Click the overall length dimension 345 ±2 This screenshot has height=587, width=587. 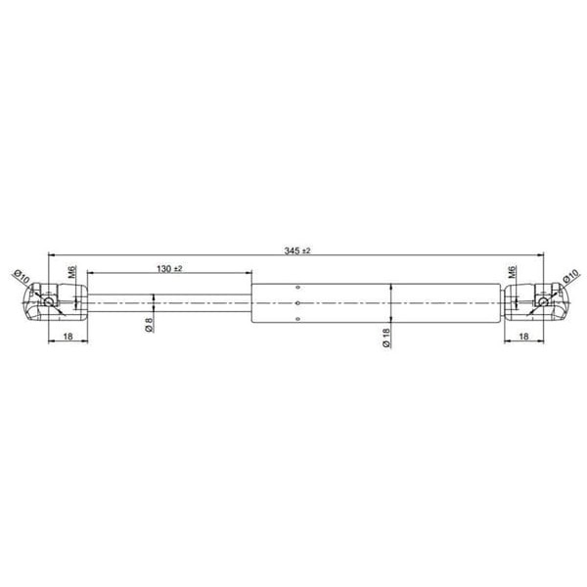[297, 251]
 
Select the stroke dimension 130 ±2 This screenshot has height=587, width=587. [169, 267]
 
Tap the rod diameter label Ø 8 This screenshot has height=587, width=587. [149, 327]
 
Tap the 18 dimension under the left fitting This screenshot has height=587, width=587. [68, 336]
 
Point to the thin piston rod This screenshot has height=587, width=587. [171, 303]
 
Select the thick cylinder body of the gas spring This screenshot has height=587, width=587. [377, 303]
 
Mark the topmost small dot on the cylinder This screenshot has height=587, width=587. [296, 288]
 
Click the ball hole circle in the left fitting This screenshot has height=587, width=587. [48, 302]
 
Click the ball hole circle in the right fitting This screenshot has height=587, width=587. [541, 302]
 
